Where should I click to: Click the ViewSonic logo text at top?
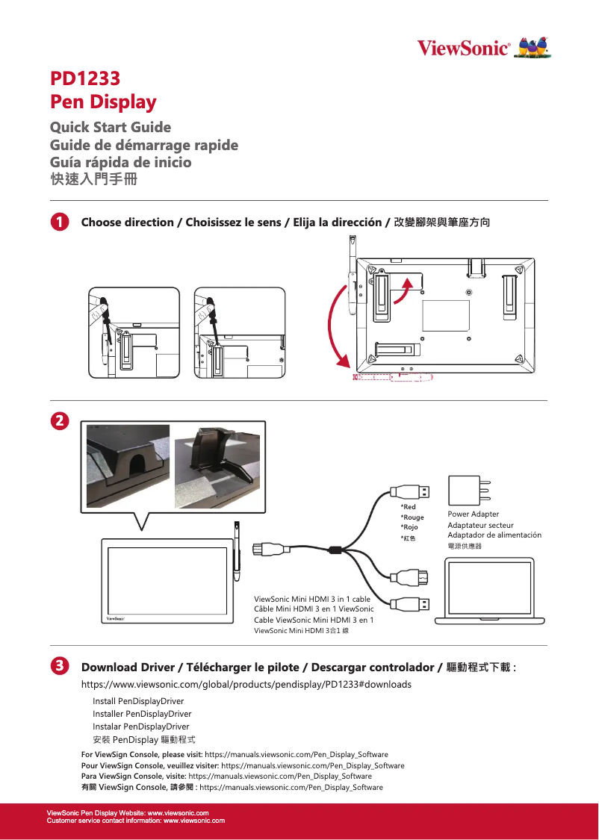[463, 49]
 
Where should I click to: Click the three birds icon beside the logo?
[534, 48]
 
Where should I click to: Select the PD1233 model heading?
[84, 78]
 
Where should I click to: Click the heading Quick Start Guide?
[110, 127]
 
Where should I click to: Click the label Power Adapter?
[473, 514]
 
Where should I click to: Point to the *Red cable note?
[409, 507]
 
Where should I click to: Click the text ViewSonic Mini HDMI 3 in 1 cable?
[312, 599]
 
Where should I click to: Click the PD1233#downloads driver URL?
[246, 684]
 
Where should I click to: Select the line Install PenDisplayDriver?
[138, 701]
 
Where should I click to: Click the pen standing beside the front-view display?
[236, 553]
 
